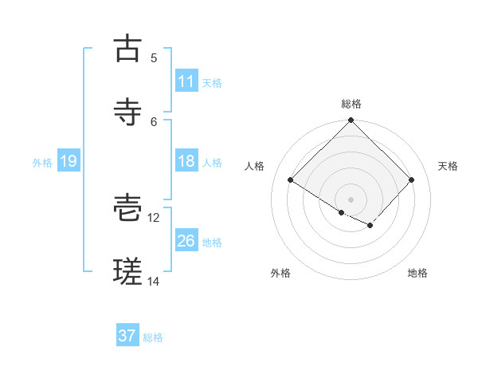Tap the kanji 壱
pyautogui.click(x=127, y=209)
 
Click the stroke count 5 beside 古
pyautogui.click(x=154, y=57)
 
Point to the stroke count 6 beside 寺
pyautogui.click(x=154, y=121)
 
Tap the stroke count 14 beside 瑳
pyautogui.click(x=154, y=281)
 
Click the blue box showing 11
pyautogui.click(x=186, y=81)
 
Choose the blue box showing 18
pyautogui.click(x=186, y=161)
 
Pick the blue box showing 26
pyautogui.click(x=186, y=241)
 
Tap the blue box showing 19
pyautogui.click(x=68, y=161)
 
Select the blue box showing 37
pyautogui.click(x=127, y=336)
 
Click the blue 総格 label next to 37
pyautogui.click(x=153, y=337)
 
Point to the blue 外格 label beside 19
pyautogui.click(x=42, y=163)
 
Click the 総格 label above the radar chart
pyautogui.click(x=351, y=104)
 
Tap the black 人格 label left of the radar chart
pyautogui.click(x=255, y=166)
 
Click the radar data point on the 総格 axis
pyautogui.click(x=351, y=121)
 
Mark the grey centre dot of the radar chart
pyautogui.click(x=351, y=199)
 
